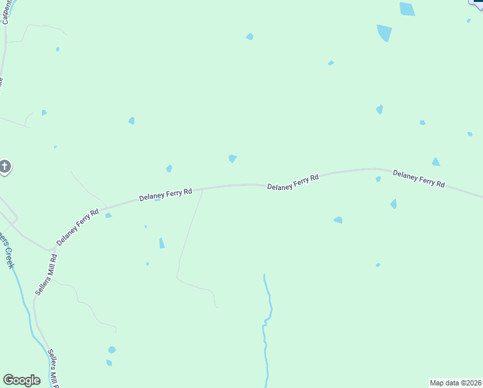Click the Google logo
pyautogui.click(x=21, y=380)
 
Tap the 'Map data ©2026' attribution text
pyautogui.click(x=456, y=383)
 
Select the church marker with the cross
pyautogui.click(x=4, y=167)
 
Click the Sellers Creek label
pyautogui.click(x=8, y=246)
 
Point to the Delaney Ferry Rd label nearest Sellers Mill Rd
pyautogui.click(x=77, y=226)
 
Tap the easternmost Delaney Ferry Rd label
pyautogui.click(x=418, y=179)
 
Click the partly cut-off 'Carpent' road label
pyautogui.click(x=6, y=12)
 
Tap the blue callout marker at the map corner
pyautogui.click(x=478, y=3)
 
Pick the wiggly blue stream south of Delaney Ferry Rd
pyautogui.click(x=266, y=330)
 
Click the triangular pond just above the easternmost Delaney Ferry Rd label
pyautogui.click(x=436, y=162)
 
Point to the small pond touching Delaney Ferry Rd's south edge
pyautogui.click(x=157, y=200)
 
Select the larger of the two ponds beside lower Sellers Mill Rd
pyautogui.click(x=112, y=350)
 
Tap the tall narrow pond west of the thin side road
pyautogui.click(x=161, y=243)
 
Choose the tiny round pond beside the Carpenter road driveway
pyautogui.click(x=57, y=49)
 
